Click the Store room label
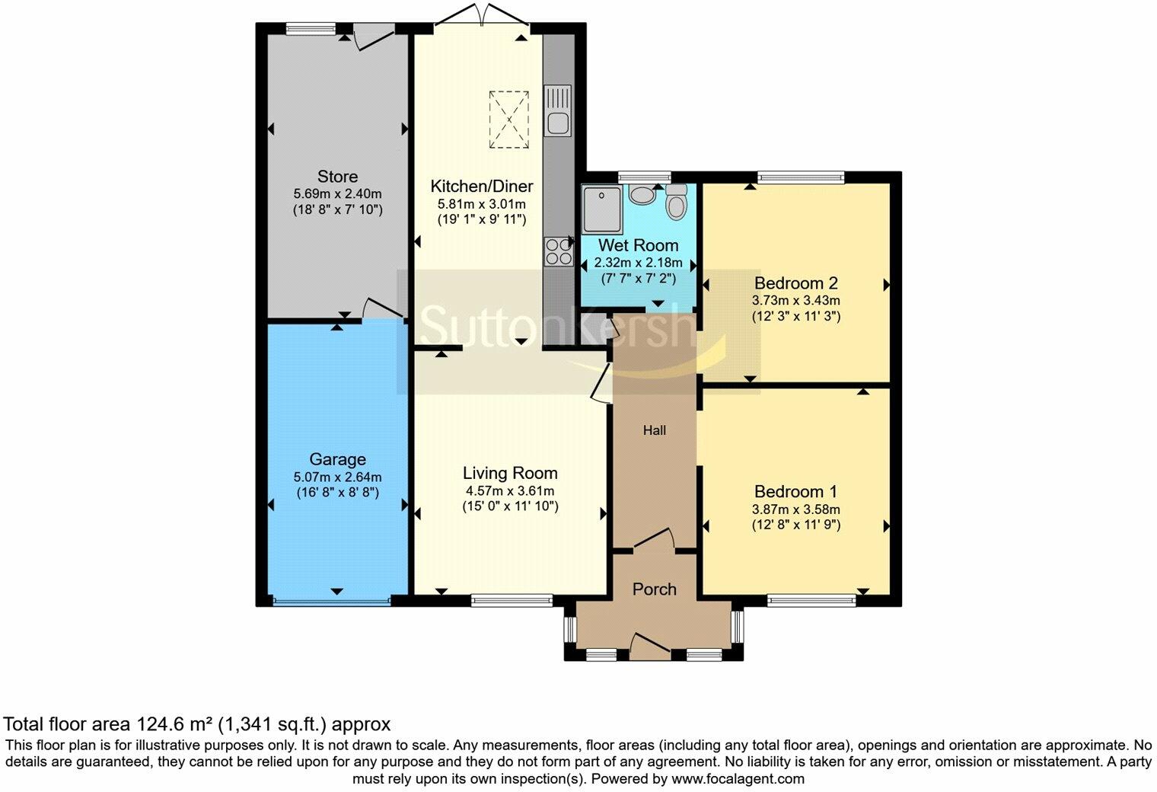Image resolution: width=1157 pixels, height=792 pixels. [337, 177]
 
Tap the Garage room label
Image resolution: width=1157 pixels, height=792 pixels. [337, 459]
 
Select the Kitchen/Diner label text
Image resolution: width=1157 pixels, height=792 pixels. [481, 187]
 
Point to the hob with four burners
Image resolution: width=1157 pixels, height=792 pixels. [558, 251]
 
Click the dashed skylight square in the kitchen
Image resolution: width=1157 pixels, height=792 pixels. [509, 119]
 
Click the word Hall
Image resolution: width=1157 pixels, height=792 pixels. [655, 430]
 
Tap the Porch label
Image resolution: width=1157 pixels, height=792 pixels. [655, 589]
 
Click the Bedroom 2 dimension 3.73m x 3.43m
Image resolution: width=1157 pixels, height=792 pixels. [795, 301]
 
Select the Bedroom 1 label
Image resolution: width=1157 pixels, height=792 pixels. [795, 492]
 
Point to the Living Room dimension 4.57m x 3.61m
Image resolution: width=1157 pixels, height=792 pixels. [510, 491]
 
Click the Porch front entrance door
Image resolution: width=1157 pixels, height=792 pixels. [649, 646]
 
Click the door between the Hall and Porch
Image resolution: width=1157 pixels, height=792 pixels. [655, 538]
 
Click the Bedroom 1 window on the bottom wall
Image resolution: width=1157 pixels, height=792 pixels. [811, 601]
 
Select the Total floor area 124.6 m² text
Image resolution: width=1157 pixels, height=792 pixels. [197, 723]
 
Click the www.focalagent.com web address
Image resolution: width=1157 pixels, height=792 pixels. [738, 779]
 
